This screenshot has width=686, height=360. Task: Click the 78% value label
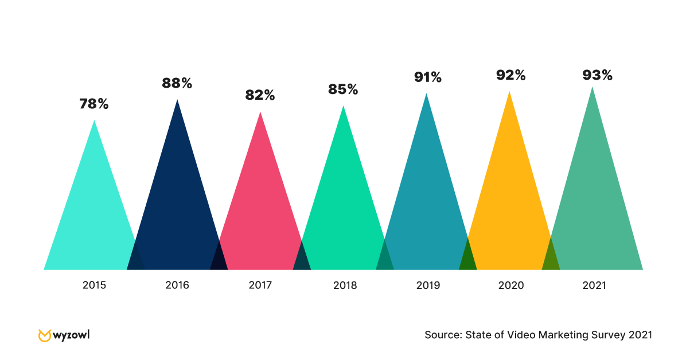click(x=94, y=104)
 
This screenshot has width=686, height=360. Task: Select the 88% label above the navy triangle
click(x=177, y=83)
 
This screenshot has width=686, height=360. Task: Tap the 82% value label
click(x=260, y=96)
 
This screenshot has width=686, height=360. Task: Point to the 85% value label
click(x=343, y=89)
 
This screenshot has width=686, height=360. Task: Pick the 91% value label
click(x=428, y=77)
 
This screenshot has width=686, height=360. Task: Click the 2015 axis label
click(x=94, y=285)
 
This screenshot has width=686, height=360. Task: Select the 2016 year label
click(x=177, y=285)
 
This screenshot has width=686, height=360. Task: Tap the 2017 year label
click(x=260, y=285)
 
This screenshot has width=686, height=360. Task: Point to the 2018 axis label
click(x=344, y=285)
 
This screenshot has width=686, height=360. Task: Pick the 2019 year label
click(x=428, y=285)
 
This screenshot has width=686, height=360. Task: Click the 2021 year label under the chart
click(x=594, y=285)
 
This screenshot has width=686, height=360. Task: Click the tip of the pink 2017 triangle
click(x=260, y=114)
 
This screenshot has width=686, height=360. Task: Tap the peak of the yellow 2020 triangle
click(x=509, y=93)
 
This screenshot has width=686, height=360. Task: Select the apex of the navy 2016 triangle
click(x=177, y=101)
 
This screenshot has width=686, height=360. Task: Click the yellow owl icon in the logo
click(x=44, y=335)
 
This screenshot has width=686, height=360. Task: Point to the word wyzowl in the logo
click(x=71, y=334)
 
